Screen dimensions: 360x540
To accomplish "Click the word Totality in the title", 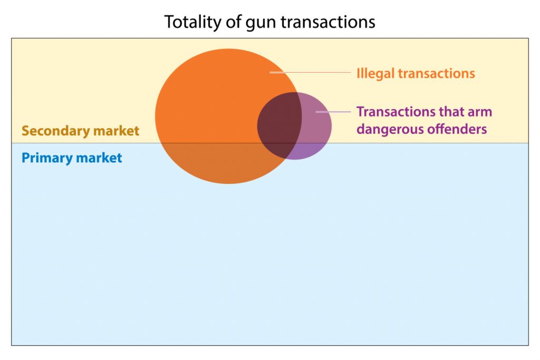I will [190, 22].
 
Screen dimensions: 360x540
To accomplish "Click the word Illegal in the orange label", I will [375, 73].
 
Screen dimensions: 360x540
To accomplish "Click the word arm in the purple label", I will [481, 112].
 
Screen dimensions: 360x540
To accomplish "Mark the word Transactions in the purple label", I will [397, 112].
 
